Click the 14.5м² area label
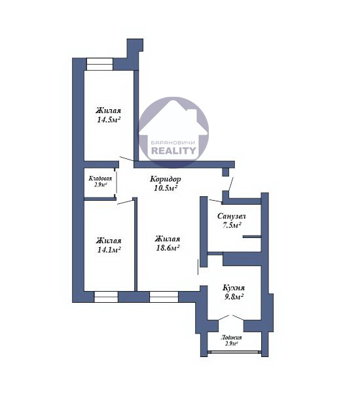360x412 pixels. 109,120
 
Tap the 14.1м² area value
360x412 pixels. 109,249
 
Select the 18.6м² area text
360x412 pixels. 168,248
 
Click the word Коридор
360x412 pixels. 166,179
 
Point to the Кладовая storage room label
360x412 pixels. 100,179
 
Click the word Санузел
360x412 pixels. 232,216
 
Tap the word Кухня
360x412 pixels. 234,288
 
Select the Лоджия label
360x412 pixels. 231,337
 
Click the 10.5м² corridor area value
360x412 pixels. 165,188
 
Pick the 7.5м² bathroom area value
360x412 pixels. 232,226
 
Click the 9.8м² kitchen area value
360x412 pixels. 233,297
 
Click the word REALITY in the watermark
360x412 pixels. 173,150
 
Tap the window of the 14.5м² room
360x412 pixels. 99,64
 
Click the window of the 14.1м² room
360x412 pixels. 106,297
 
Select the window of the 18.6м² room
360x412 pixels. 164,297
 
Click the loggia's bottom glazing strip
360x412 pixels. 234,352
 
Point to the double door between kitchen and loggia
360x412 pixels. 231,317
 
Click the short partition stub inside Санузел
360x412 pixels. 251,237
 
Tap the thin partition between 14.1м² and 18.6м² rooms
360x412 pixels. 135,244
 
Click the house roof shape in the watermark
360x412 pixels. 173,118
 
